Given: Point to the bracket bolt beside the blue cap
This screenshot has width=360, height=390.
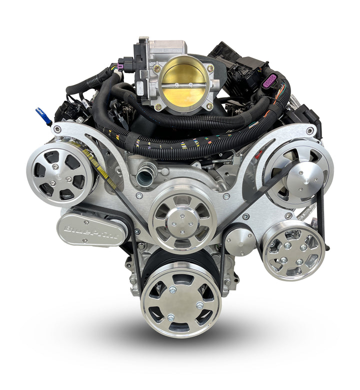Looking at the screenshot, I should (x=58, y=129).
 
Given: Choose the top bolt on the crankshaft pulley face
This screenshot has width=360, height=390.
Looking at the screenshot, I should (x=172, y=289).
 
